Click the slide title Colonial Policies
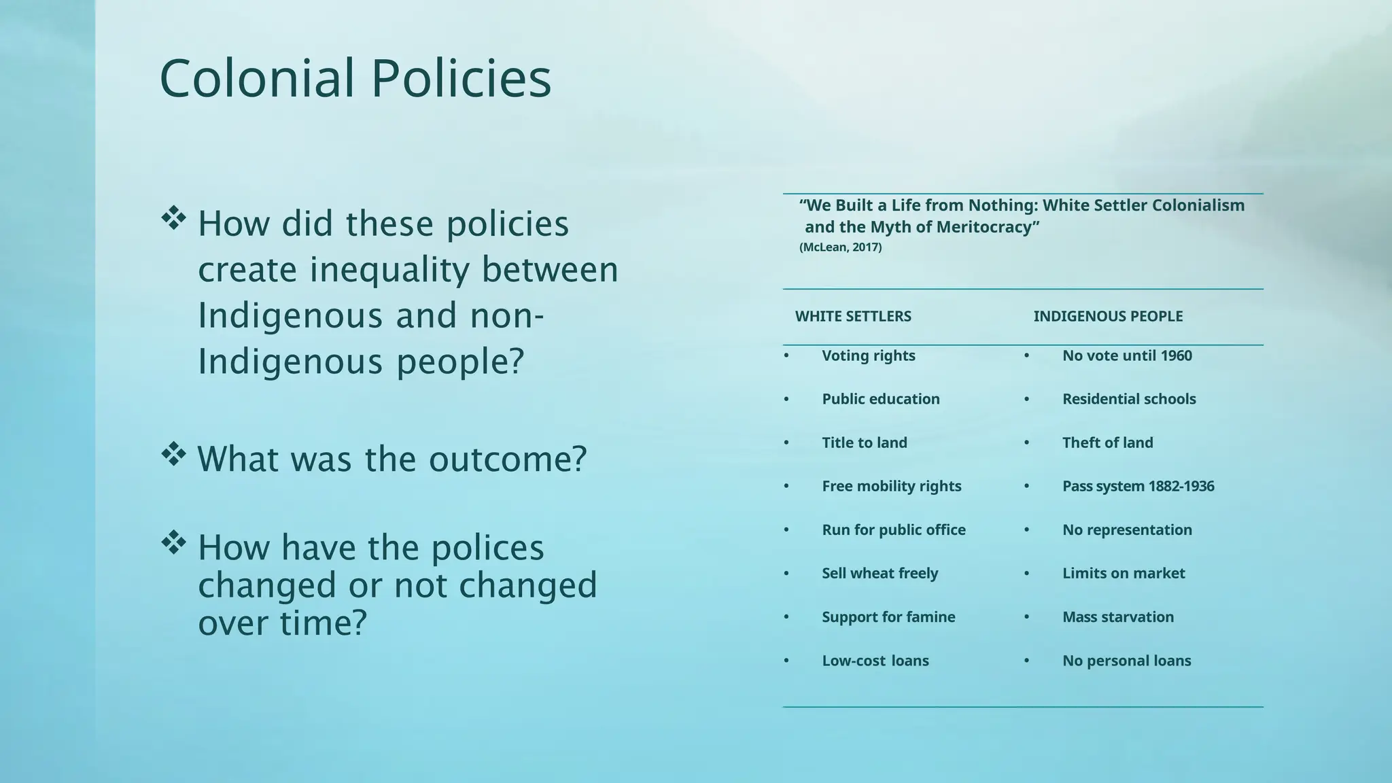point(355,79)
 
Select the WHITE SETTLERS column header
point(853,316)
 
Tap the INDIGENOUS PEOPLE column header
point(1108,316)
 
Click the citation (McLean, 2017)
point(840,247)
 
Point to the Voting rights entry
point(868,355)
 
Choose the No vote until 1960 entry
point(1127,355)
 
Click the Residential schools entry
point(1129,399)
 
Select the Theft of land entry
point(1107,442)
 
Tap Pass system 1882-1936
point(1138,486)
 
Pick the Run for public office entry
point(893,529)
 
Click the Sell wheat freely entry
point(880,573)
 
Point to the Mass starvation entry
point(1118,616)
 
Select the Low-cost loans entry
point(875,661)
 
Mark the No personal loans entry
point(1126,661)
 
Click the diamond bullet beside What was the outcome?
point(173,454)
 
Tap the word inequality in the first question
point(389,270)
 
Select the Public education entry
point(880,399)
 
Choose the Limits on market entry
point(1124,573)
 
